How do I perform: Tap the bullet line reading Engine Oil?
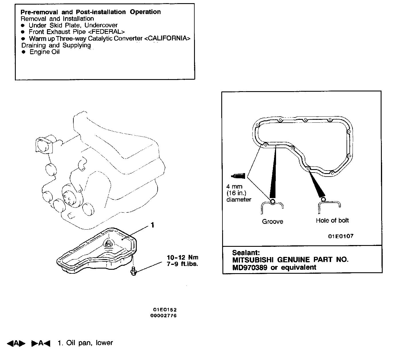tap(44, 52)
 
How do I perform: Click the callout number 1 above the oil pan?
tap(152, 225)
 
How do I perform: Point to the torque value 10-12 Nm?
tap(183, 257)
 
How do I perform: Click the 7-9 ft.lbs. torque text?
tap(182, 264)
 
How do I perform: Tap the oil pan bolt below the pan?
tap(133, 271)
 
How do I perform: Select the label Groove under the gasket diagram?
tap(272, 221)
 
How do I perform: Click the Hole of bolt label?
tap(332, 220)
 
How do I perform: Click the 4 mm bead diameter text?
tap(234, 187)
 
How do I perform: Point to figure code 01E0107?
tap(341, 236)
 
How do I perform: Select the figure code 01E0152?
tap(165, 310)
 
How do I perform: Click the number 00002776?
tap(163, 316)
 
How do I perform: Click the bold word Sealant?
tap(246, 253)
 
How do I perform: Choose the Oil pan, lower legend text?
tap(85, 343)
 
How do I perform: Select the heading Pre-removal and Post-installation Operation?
tap(91, 12)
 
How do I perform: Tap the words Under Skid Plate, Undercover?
tap(73, 25)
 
